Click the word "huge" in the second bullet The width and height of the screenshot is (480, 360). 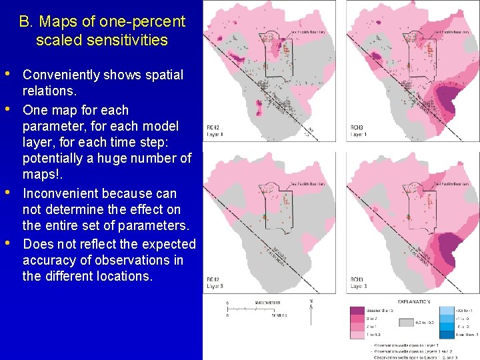118,159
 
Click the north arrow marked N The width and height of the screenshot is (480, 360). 311,304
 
